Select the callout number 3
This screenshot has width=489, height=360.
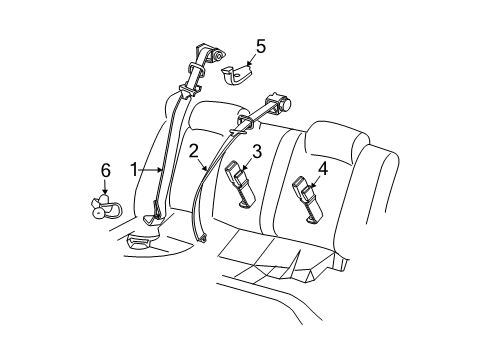(x=256, y=151)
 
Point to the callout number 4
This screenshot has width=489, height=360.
(x=322, y=170)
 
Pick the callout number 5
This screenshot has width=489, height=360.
(x=260, y=46)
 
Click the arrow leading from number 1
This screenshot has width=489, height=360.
(x=151, y=170)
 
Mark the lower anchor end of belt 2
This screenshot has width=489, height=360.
(x=201, y=237)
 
